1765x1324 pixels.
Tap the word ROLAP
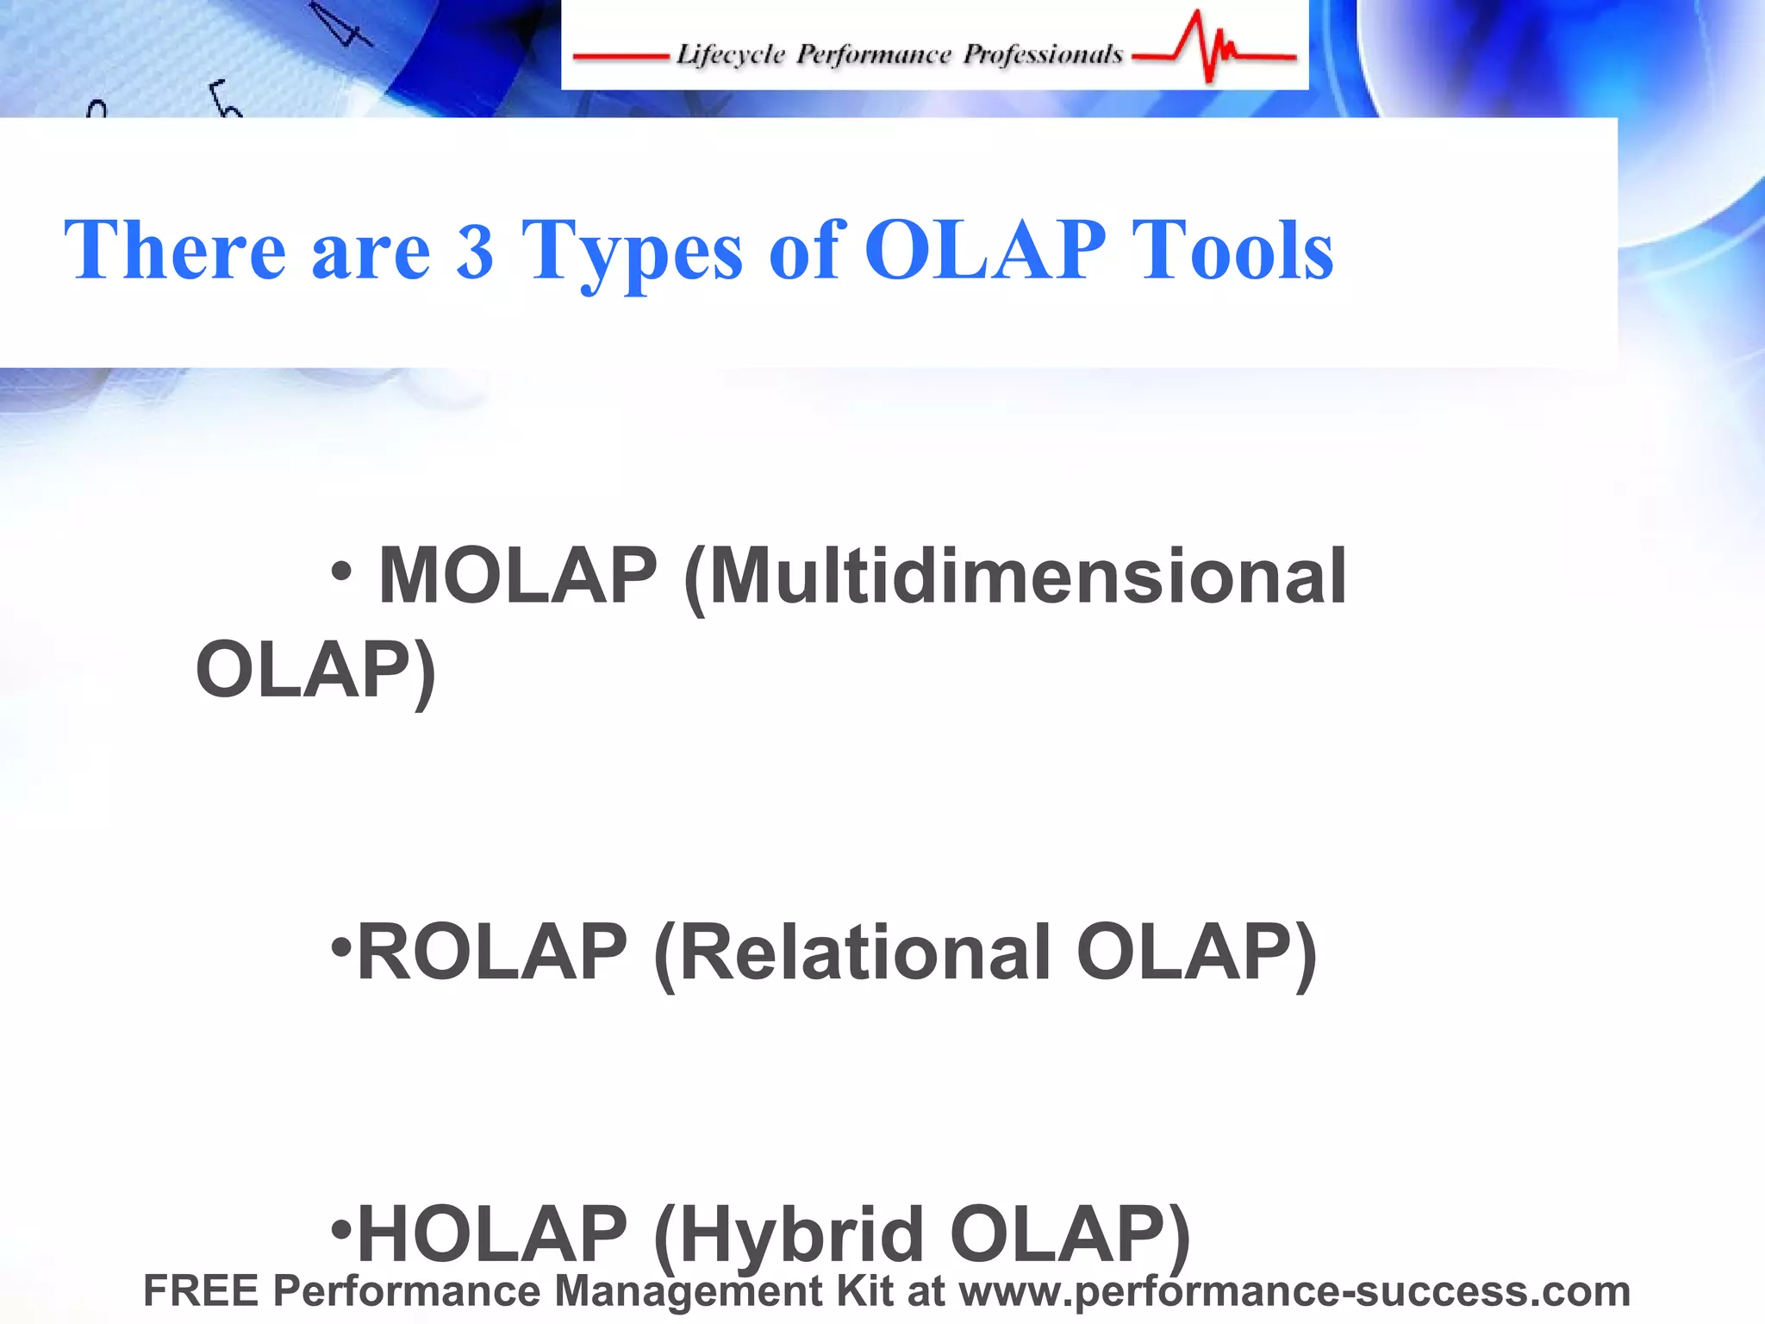pos(492,952)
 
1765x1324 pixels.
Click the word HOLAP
pos(492,1233)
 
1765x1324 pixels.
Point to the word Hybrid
pos(801,1233)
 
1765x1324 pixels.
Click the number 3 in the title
pos(475,251)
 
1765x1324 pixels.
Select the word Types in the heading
pos(632,251)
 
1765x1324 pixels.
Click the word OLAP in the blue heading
pos(985,251)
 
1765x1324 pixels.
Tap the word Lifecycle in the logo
pos(731,55)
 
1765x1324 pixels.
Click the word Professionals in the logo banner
pos(1043,55)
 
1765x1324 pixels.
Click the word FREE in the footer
pos(201,1291)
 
